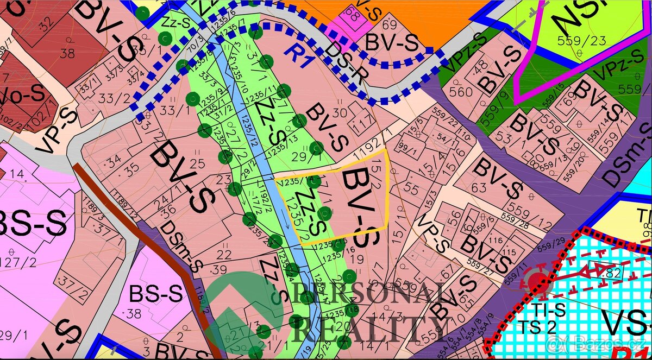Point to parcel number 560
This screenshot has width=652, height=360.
tap(461, 92)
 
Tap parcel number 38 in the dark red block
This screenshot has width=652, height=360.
tap(67, 53)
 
